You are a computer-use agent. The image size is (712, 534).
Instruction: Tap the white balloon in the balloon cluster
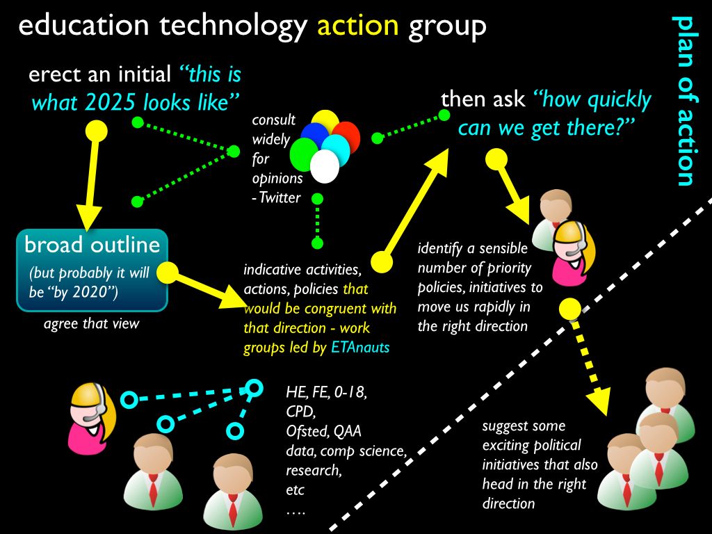coord(325,166)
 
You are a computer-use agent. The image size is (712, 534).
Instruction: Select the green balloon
coord(303,154)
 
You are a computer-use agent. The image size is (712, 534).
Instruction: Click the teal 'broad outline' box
coord(92,270)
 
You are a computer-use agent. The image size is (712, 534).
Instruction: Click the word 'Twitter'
coord(280,197)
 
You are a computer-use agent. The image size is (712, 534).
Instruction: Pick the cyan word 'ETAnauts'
coord(360,348)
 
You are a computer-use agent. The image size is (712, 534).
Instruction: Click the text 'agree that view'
coord(92,324)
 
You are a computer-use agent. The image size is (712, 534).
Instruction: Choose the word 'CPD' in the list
coord(300,412)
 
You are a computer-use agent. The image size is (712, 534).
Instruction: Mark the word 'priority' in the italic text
coord(506,268)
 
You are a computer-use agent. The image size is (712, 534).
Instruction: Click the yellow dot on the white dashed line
coord(570,309)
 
